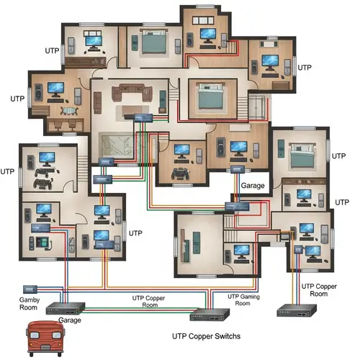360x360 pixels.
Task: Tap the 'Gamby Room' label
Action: (30, 302)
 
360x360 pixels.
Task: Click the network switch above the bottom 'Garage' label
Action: (66, 308)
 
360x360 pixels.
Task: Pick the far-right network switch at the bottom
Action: (297, 312)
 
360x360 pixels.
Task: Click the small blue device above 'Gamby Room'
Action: (30, 288)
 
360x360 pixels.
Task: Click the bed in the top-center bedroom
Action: (153, 44)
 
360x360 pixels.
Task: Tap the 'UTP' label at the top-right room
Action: (304, 67)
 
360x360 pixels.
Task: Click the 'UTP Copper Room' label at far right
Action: (318, 290)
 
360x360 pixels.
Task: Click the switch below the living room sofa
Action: (138, 117)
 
